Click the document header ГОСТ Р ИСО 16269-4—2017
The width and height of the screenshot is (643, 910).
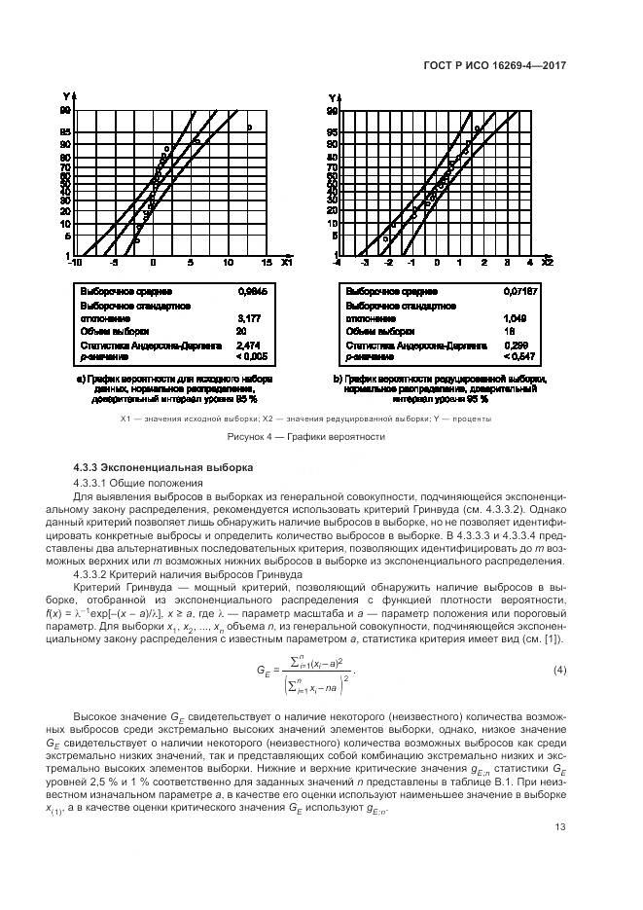click(496, 65)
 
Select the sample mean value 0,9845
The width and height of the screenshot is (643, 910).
click(251, 290)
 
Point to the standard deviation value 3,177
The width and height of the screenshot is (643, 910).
click(248, 317)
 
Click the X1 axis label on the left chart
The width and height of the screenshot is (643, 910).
click(286, 263)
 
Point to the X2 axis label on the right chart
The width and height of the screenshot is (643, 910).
click(548, 263)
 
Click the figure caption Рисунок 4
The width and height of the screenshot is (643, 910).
click(306, 436)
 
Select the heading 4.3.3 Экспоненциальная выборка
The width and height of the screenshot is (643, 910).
click(156, 468)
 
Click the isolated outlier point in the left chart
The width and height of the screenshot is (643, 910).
click(249, 127)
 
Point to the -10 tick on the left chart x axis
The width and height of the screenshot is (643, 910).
click(76, 263)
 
